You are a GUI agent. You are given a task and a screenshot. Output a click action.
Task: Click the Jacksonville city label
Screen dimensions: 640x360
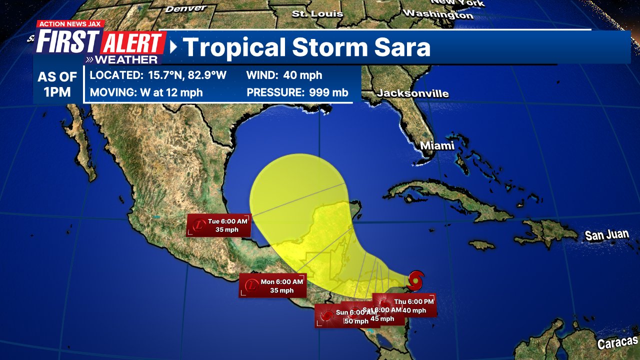point(413,93)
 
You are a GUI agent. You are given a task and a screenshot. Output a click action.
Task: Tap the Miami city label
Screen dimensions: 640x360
point(437,145)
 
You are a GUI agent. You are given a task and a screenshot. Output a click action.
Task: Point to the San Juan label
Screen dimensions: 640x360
point(606,234)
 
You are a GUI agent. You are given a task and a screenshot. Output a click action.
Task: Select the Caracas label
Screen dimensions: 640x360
point(617,342)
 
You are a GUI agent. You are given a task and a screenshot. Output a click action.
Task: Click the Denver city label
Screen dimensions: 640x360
point(186,8)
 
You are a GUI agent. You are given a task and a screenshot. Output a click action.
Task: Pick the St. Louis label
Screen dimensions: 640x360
point(317,13)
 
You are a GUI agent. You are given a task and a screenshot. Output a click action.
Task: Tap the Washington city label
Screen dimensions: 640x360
point(438,14)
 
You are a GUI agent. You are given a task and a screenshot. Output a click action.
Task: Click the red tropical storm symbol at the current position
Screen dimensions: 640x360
point(415,280)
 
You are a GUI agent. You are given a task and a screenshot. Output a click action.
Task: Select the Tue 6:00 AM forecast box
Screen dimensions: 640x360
point(219,225)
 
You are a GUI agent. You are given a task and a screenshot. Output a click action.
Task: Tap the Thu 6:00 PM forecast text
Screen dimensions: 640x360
point(414,301)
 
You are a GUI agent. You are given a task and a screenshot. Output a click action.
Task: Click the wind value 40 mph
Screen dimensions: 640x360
point(302,75)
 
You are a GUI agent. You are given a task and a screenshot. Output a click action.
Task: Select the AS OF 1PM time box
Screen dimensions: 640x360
point(57,84)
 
